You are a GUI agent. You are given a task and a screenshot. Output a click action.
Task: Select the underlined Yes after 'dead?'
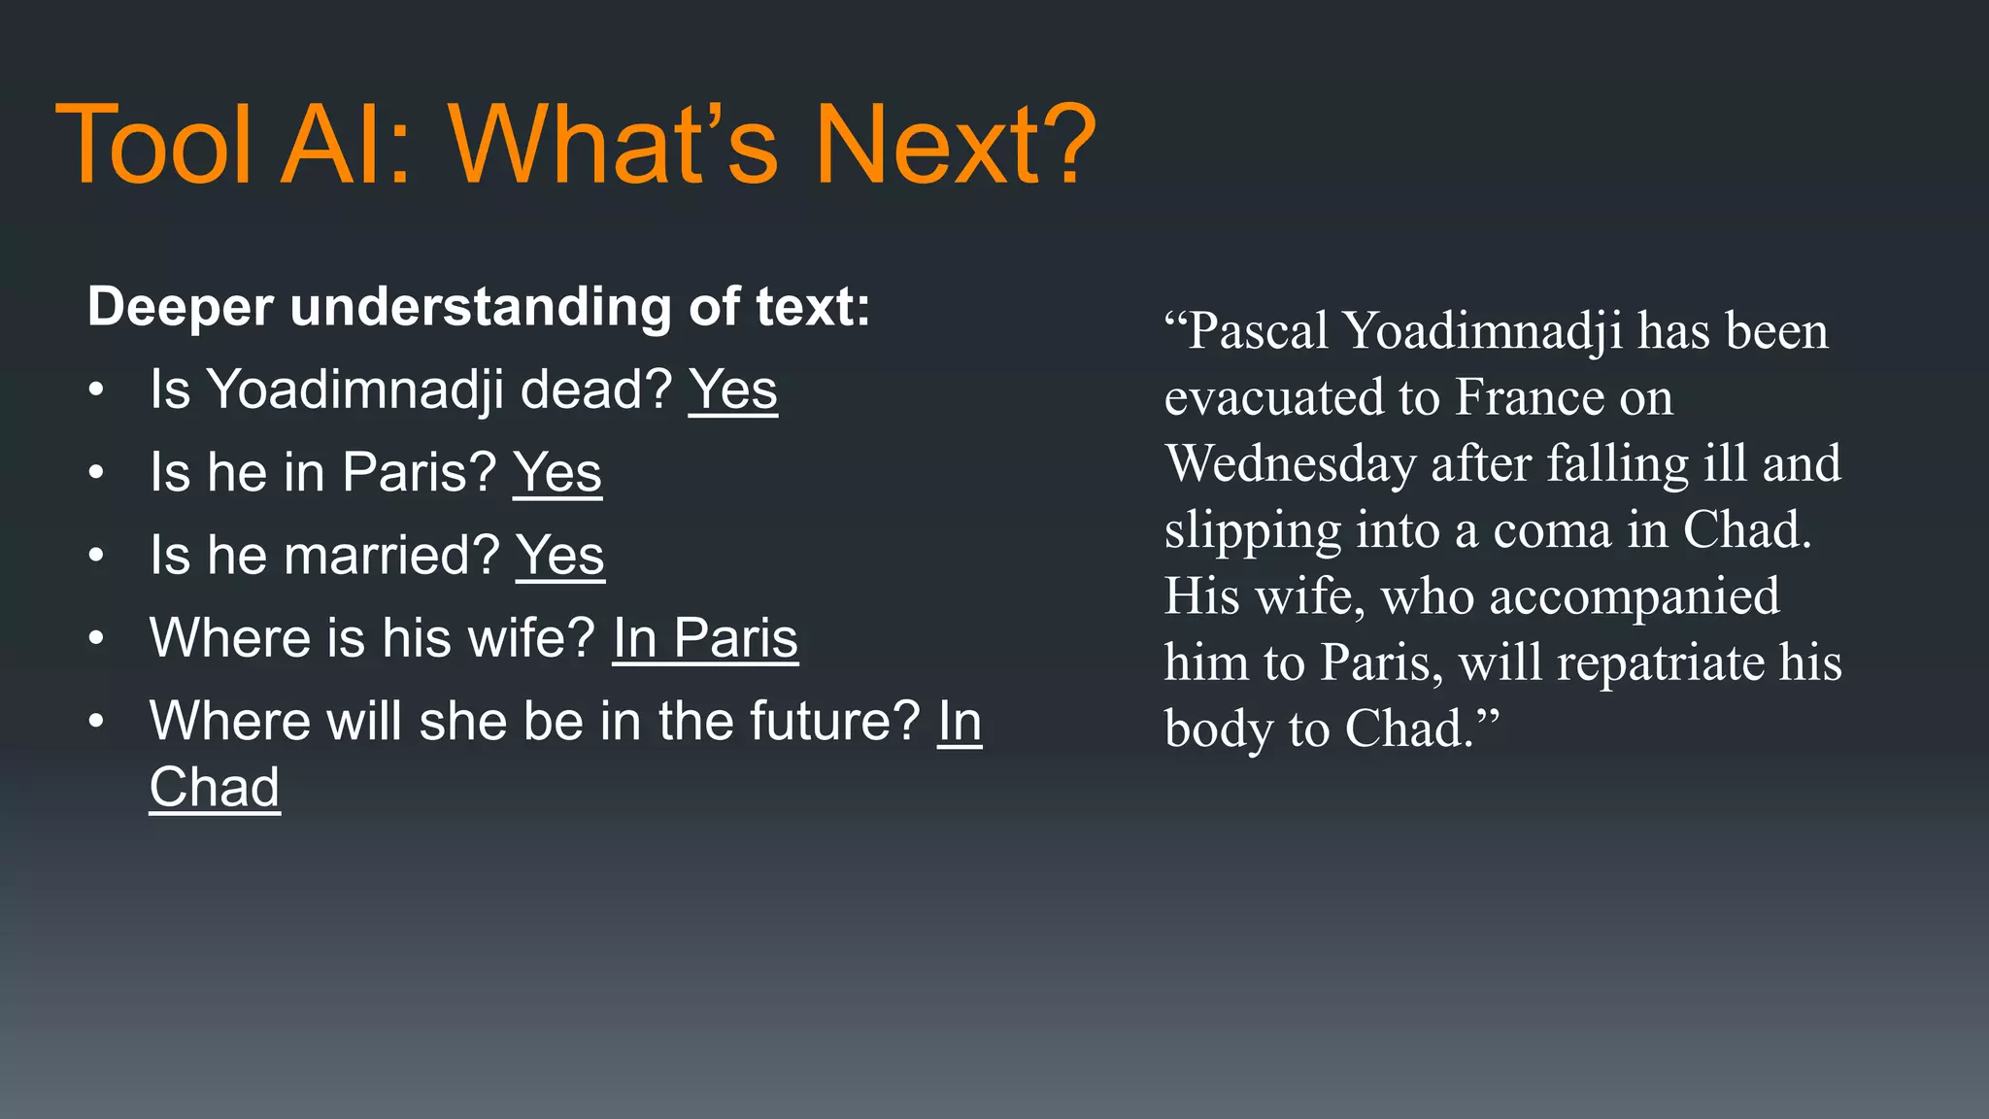tap(733, 390)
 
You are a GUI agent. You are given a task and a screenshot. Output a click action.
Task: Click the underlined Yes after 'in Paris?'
tap(557, 473)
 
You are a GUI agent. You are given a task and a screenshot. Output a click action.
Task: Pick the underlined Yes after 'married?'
tap(560, 556)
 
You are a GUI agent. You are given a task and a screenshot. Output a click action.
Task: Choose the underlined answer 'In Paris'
tap(705, 638)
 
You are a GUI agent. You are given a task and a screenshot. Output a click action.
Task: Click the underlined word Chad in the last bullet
tap(215, 787)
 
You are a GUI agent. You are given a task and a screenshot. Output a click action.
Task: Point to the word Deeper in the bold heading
tap(181, 308)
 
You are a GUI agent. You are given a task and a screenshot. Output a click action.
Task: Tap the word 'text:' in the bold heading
tap(813, 308)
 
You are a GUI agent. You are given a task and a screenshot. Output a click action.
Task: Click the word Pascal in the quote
tap(1259, 331)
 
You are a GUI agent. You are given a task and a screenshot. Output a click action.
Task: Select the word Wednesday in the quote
tap(1291, 463)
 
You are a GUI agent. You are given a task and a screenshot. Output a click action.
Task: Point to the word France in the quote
tap(1528, 397)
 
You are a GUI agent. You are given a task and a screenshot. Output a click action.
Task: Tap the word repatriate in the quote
tap(1662, 663)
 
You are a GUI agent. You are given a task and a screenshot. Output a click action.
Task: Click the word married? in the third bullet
tap(391, 556)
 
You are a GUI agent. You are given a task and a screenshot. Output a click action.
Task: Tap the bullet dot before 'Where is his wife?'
tap(95, 639)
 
